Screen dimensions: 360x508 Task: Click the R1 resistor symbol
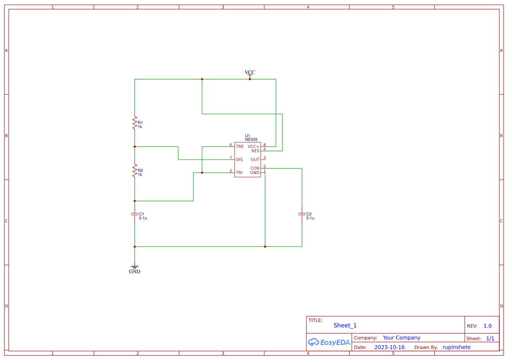tap(135, 123)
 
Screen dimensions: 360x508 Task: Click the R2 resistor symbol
tap(135, 171)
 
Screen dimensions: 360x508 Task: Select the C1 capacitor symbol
tap(135, 214)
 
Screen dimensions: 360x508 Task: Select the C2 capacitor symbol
tap(302, 214)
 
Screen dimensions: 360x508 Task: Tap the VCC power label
tap(250, 73)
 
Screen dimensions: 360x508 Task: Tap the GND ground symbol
tap(135, 268)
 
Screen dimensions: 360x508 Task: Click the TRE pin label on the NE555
tap(240, 147)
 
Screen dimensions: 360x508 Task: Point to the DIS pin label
tap(239, 160)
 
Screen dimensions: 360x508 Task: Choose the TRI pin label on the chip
tap(239, 173)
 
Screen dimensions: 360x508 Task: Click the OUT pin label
tap(255, 160)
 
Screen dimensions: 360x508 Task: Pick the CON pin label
tap(255, 168)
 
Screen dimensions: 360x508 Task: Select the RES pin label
tap(255, 151)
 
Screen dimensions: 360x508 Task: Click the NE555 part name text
tap(251, 140)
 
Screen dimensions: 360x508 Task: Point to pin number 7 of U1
tap(231, 157)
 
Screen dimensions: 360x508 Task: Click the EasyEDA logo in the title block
tap(329, 342)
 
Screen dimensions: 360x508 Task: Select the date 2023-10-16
tap(389, 347)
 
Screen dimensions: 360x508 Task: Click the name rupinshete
tap(456, 347)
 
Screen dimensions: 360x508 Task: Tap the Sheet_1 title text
tap(345, 325)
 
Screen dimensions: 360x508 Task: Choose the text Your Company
tap(402, 337)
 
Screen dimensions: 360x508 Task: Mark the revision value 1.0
tap(488, 326)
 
